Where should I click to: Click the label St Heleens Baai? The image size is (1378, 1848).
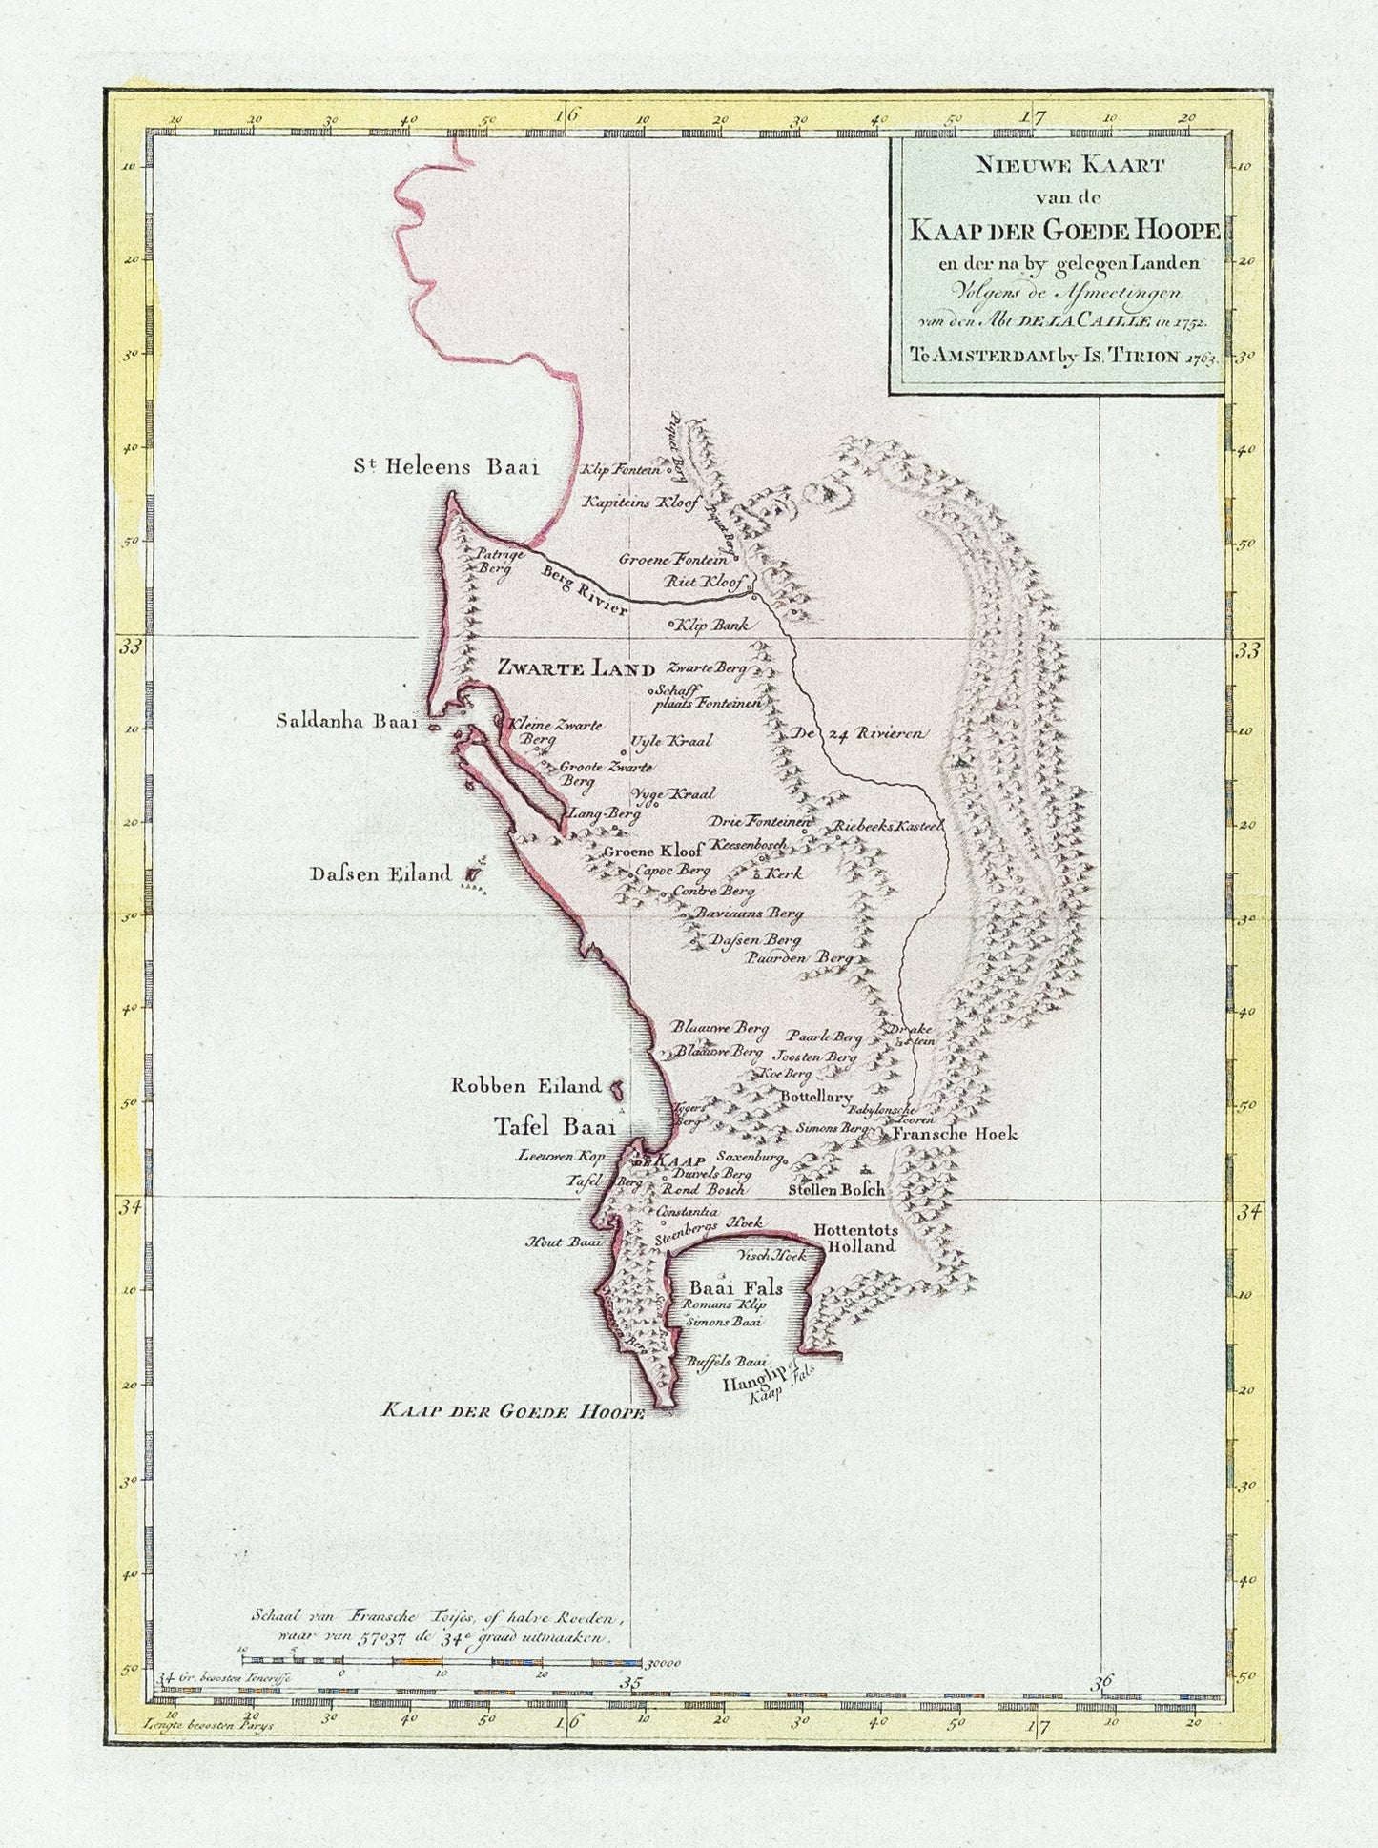(446, 468)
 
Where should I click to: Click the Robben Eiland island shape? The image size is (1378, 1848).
(617, 1086)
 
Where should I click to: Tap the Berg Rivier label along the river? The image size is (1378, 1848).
(584, 591)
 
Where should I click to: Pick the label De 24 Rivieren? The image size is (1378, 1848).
(854, 734)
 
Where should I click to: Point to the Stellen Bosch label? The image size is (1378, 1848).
(837, 1190)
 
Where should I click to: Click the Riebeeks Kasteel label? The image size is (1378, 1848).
(888, 826)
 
